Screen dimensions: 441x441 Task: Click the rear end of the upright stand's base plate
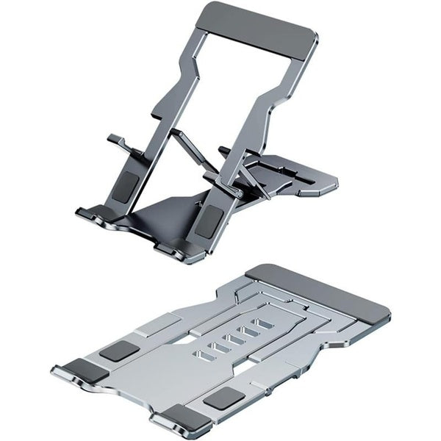316,184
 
